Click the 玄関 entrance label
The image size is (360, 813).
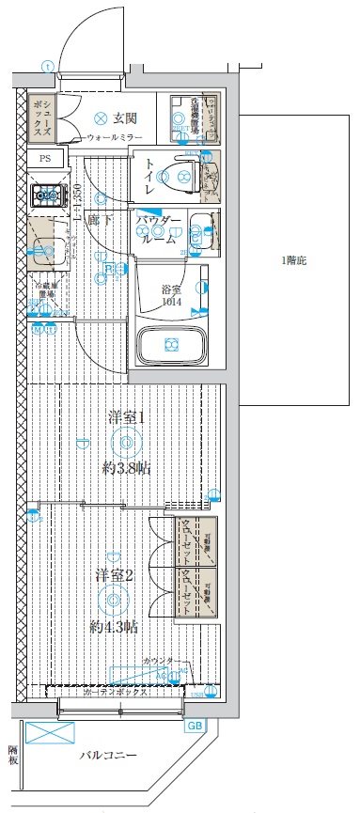[125, 117]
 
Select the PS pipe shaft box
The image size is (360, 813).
[44, 158]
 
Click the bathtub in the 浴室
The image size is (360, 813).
[172, 345]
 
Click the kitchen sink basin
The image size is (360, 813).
[44, 248]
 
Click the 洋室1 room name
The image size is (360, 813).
[127, 418]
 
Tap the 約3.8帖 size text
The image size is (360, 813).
[126, 466]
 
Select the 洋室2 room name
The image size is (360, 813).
[113, 575]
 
